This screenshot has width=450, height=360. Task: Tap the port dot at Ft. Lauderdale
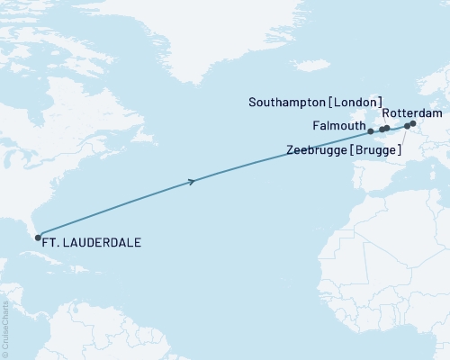click(38, 238)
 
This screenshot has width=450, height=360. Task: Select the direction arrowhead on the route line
click(192, 182)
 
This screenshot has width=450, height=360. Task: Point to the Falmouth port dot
click(371, 131)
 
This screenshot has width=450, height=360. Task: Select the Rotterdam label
click(412, 113)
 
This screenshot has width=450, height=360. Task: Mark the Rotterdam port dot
click(413, 123)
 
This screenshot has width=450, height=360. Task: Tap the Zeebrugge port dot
click(407, 127)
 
